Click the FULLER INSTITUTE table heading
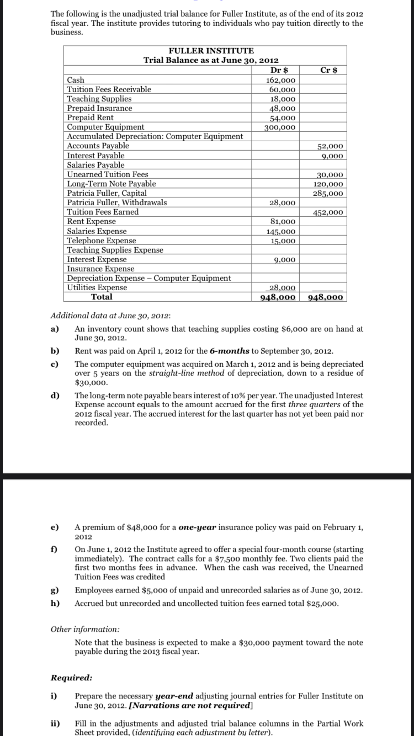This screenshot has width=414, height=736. pos(211,51)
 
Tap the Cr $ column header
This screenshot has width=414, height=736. pos(329,70)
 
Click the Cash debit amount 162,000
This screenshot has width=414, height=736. pos(281,80)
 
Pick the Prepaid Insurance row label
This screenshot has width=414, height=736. pos(99,108)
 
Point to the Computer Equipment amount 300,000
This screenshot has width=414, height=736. pos(281,127)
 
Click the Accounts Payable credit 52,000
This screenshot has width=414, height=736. pos(331,146)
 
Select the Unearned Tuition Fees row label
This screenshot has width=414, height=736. pos(107,174)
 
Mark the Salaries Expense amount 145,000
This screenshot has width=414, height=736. pos(281,231)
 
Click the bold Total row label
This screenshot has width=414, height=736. pos(102,297)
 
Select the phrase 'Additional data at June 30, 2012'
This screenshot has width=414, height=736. pos(110,316)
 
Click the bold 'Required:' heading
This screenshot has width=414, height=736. pos(71,678)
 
